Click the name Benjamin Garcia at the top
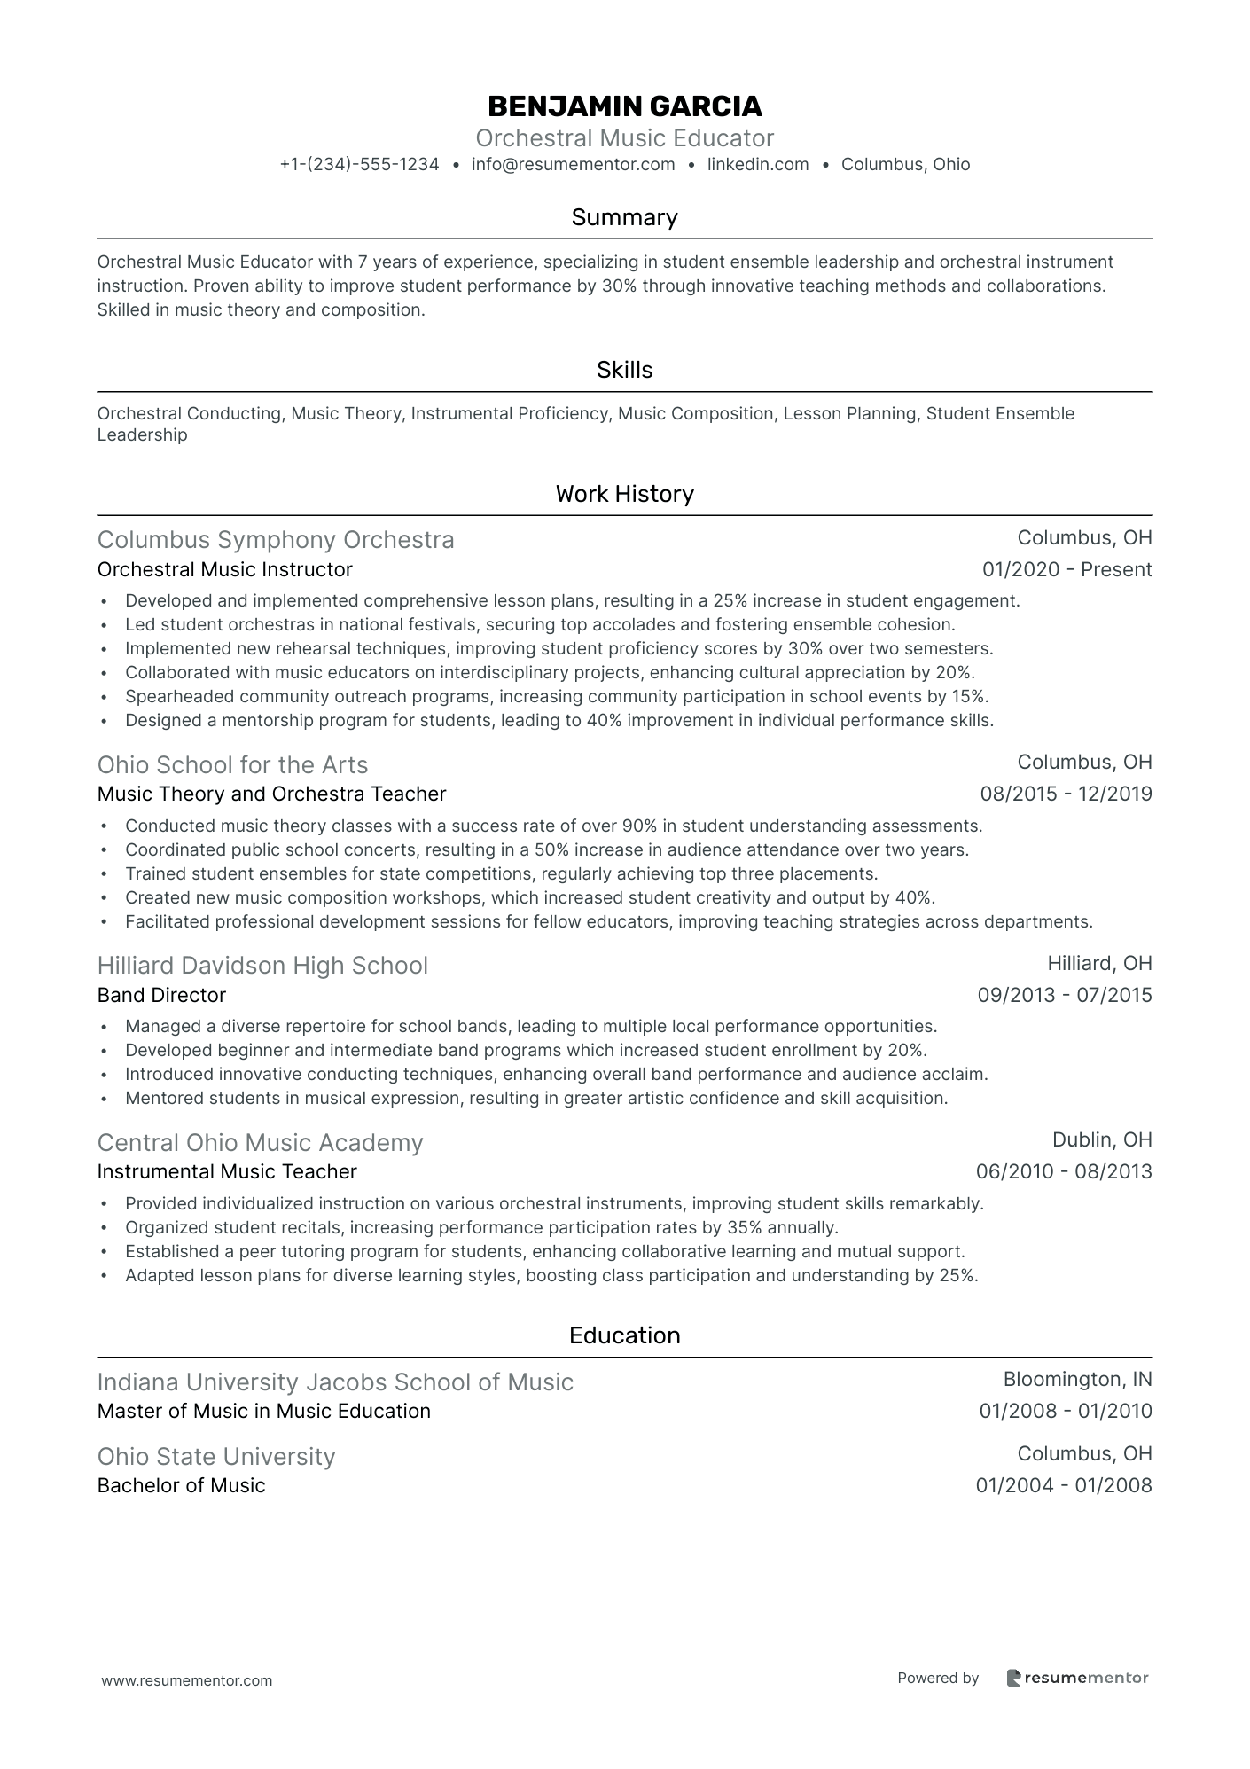[624, 106]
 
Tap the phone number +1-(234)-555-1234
[359, 164]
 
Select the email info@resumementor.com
[573, 164]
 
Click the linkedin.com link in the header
[758, 164]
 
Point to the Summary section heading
[624, 217]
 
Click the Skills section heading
[624, 370]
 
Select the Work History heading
[624, 494]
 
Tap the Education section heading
[624, 1335]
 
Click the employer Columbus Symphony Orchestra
[276, 540]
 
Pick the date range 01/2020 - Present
[1066, 569]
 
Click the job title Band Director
[161, 995]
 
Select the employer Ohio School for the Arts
[232, 764]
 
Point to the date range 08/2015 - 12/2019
[1066, 794]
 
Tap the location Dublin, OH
[1102, 1139]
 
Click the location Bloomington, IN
[1077, 1379]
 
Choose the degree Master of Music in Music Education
[263, 1411]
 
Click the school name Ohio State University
[216, 1456]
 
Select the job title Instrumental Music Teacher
[227, 1171]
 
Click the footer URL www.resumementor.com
[187, 1680]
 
